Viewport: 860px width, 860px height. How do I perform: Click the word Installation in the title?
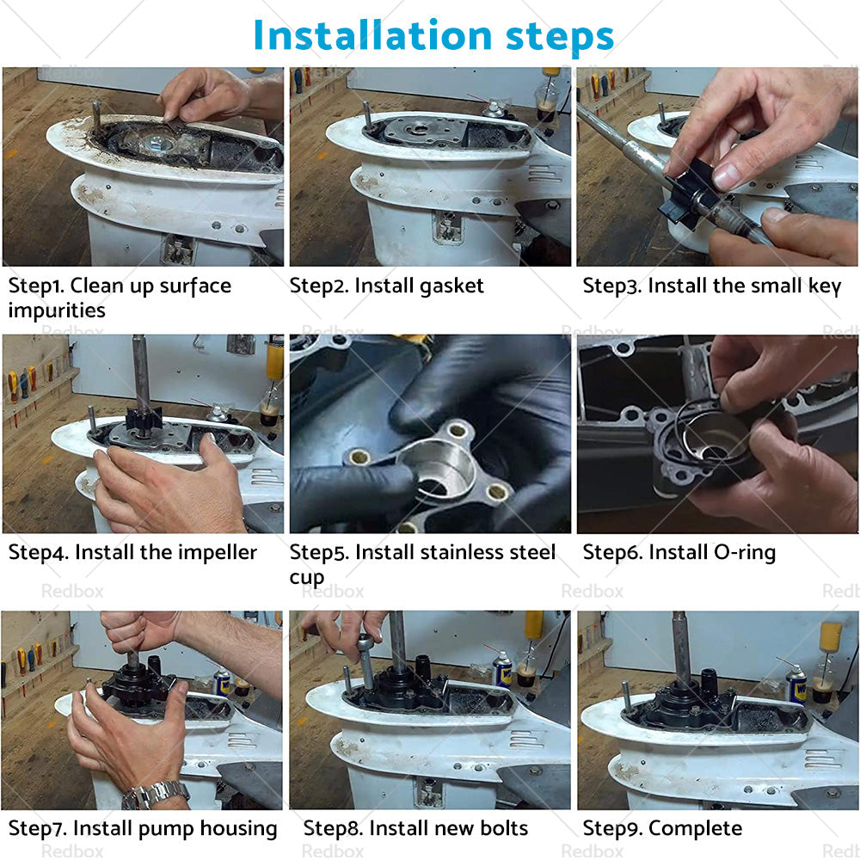[x=370, y=35]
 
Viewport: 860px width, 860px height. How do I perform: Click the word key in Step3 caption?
[x=824, y=286]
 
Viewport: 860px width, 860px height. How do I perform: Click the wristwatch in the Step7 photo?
[x=155, y=794]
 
